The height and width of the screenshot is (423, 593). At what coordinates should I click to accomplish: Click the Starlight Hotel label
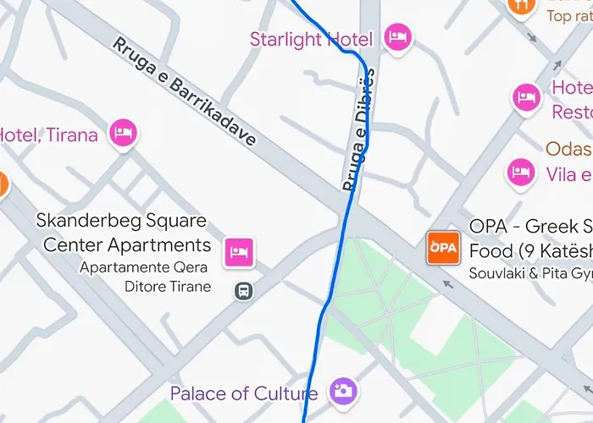pyautogui.click(x=311, y=39)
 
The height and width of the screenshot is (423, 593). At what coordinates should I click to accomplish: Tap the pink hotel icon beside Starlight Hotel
pyautogui.click(x=397, y=36)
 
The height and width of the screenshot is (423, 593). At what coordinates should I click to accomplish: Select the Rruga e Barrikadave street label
pyautogui.click(x=184, y=92)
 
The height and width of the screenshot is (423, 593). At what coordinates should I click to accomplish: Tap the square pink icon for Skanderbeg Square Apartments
pyautogui.click(x=239, y=250)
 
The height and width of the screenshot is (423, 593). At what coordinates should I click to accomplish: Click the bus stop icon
pyautogui.click(x=243, y=291)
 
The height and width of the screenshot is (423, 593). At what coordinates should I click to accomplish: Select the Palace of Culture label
pyautogui.click(x=244, y=393)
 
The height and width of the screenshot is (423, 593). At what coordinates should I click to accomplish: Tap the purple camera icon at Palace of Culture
pyautogui.click(x=343, y=390)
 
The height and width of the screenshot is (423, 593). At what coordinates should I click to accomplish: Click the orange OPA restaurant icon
pyautogui.click(x=442, y=248)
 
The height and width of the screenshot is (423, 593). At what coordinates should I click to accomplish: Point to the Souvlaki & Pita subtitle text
pyautogui.click(x=530, y=274)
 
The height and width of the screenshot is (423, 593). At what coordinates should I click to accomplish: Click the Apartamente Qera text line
pyautogui.click(x=145, y=267)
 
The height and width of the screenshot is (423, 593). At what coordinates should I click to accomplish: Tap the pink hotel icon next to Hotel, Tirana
pyautogui.click(x=124, y=132)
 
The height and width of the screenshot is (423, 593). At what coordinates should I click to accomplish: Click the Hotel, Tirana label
pyautogui.click(x=49, y=135)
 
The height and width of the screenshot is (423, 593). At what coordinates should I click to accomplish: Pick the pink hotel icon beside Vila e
pyautogui.click(x=519, y=173)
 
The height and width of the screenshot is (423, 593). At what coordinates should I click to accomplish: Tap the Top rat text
pyautogui.click(x=569, y=16)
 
